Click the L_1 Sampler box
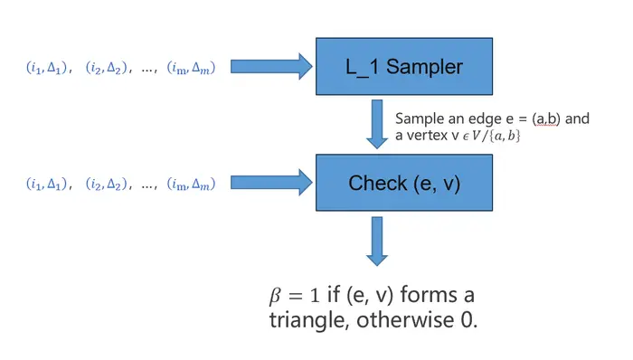pos(404,67)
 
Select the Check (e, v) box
pos(404,183)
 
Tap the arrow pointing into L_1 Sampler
pos(271,66)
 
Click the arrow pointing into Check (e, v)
pos(271,183)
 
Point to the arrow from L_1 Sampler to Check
pos(377,124)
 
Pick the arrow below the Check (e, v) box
pos(377,242)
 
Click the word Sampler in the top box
pos(424,67)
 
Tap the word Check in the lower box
pos(377,183)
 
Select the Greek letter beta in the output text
pos(275,296)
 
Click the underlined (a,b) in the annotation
pos(546,118)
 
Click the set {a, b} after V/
pos(505,136)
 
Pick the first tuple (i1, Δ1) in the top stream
pos(46,68)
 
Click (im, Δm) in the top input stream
pos(191,68)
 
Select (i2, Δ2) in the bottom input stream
pos(106,184)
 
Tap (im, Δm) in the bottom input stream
pos(191,184)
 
